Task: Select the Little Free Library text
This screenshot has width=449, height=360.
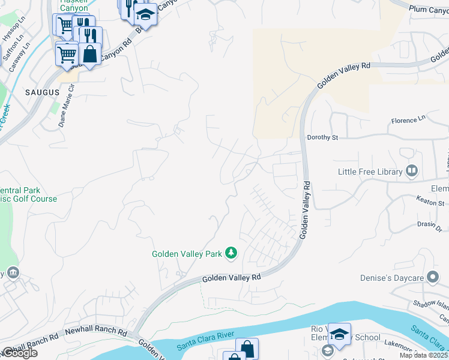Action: pyautogui.click(x=370, y=172)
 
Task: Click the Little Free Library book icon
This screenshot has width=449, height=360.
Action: pyautogui.click(x=412, y=172)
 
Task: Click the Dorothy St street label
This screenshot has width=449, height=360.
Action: pyautogui.click(x=322, y=137)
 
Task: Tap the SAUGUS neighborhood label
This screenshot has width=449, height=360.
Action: pyautogui.click(x=43, y=92)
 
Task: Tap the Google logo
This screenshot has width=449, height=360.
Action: pyautogui.click(x=19, y=353)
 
